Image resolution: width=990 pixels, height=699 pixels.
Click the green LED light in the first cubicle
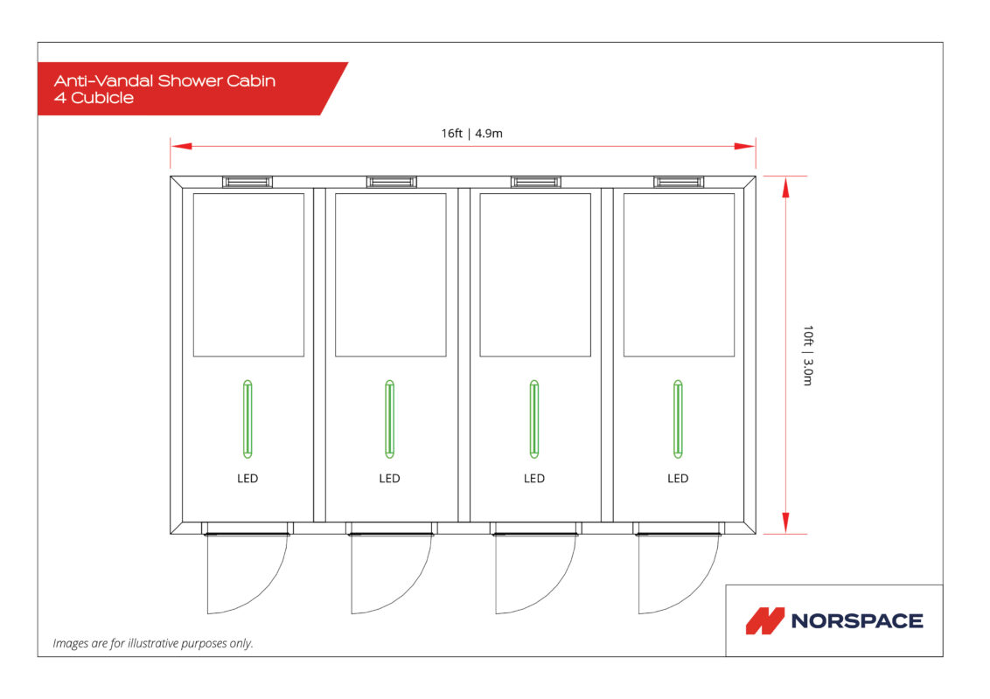[x=247, y=419]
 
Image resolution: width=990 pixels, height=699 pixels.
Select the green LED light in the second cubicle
[x=389, y=419]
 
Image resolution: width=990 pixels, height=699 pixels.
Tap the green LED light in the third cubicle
[x=534, y=419]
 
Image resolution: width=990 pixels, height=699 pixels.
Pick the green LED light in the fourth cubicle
[x=678, y=419]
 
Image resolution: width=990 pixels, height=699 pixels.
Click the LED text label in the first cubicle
[x=247, y=478]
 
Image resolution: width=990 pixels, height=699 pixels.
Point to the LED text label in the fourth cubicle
[x=678, y=478]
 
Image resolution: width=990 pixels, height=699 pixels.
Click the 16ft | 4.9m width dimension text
[x=471, y=133]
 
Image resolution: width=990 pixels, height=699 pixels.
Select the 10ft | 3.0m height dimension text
[x=808, y=355]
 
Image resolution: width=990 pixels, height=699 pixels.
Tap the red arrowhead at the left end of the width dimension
[x=181, y=147]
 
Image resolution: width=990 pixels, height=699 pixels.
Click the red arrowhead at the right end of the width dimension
[x=745, y=147]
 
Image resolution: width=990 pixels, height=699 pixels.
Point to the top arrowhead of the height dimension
[x=785, y=188]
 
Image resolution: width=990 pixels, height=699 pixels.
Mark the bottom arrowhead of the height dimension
[x=785, y=523]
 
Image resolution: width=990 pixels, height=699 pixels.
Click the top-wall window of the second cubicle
[x=392, y=183]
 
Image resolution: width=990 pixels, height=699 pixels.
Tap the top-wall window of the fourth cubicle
[x=679, y=183]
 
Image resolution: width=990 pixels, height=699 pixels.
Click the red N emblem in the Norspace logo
[x=764, y=620]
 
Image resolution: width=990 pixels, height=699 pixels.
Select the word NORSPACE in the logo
[x=857, y=620]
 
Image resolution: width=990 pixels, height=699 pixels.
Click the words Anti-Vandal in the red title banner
[x=103, y=80]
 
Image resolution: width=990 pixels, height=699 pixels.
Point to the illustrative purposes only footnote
[x=153, y=643]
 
